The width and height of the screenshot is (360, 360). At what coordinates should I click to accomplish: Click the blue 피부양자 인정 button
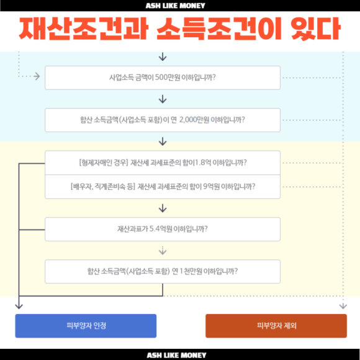(86, 326)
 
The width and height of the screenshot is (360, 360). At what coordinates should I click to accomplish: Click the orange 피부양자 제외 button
(276, 326)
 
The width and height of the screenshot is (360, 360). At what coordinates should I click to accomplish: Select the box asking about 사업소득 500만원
(163, 78)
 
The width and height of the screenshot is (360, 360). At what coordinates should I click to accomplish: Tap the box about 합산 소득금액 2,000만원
(163, 120)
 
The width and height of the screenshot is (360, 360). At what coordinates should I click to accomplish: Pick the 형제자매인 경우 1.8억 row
(163, 163)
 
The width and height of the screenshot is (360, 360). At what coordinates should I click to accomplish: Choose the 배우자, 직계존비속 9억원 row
(163, 187)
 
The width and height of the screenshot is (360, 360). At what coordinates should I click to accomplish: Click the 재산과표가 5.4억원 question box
(163, 229)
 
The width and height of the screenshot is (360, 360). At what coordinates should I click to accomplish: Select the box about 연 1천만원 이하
(163, 271)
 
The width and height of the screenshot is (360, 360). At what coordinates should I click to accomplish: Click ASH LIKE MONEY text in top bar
(176, 6)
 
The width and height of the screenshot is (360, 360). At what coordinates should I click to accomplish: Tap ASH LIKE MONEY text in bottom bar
(176, 355)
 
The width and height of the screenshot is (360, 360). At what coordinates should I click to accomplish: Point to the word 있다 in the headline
(316, 29)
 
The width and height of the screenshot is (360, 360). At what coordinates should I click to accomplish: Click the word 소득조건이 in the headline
(219, 29)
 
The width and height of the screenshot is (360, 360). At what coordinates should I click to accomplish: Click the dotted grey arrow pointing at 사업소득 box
(29, 76)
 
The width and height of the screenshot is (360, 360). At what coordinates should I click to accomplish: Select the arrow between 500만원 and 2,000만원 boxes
(163, 99)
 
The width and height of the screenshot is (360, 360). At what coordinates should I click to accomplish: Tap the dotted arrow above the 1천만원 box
(163, 251)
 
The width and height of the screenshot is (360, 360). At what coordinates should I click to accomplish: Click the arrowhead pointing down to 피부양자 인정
(19, 306)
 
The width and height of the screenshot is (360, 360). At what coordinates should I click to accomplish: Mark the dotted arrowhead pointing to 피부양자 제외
(343, 306)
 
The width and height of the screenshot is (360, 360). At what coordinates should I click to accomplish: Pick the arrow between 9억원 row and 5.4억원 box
(163, 208)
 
